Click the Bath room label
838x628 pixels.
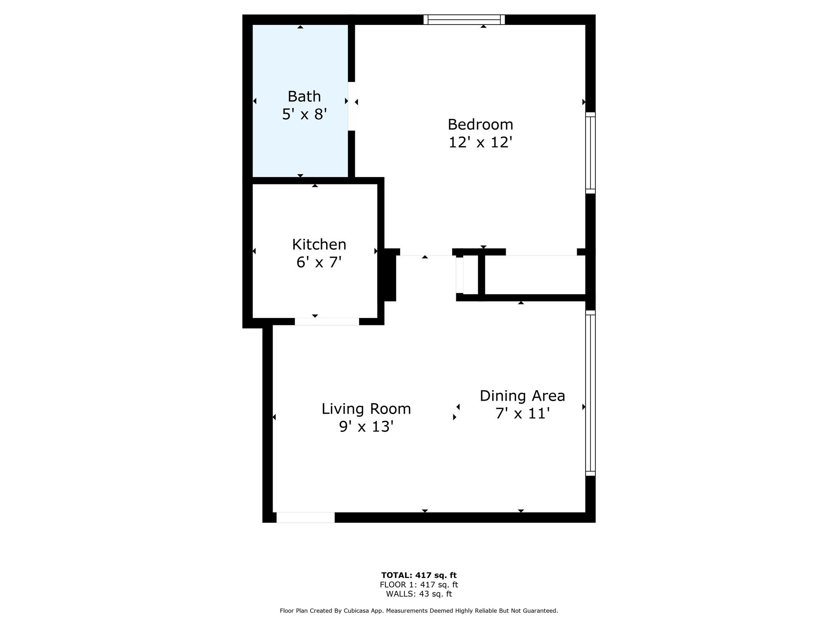[x=304, y=96]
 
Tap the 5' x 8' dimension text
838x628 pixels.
[x=304, y=114]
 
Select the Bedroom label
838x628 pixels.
[x=480, y=124]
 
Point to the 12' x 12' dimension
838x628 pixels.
[x=480, y=142]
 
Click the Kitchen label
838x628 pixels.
[x=319, y=244]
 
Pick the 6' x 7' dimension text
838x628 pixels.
[x=319, y=262]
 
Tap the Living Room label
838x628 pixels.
[x=366, y=409]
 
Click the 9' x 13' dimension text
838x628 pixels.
[x=366, y=427]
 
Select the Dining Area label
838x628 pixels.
[x=522, y=396]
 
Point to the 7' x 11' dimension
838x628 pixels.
[x=522, y=414]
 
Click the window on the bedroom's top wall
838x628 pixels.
[x=464, y=20]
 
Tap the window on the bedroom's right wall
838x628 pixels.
[x=590, y=153]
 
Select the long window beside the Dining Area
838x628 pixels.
[x=590, y=393]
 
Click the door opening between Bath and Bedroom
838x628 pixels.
[x=351, y=106]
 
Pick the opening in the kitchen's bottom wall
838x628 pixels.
[x=327, y=321]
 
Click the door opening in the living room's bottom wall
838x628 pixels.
[x=305, y=517]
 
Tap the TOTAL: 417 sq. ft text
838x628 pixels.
[x=419, y=575]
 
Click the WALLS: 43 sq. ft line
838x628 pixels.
[x=419, y=594]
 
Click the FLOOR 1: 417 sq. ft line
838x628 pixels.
[x=419, y=585]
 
